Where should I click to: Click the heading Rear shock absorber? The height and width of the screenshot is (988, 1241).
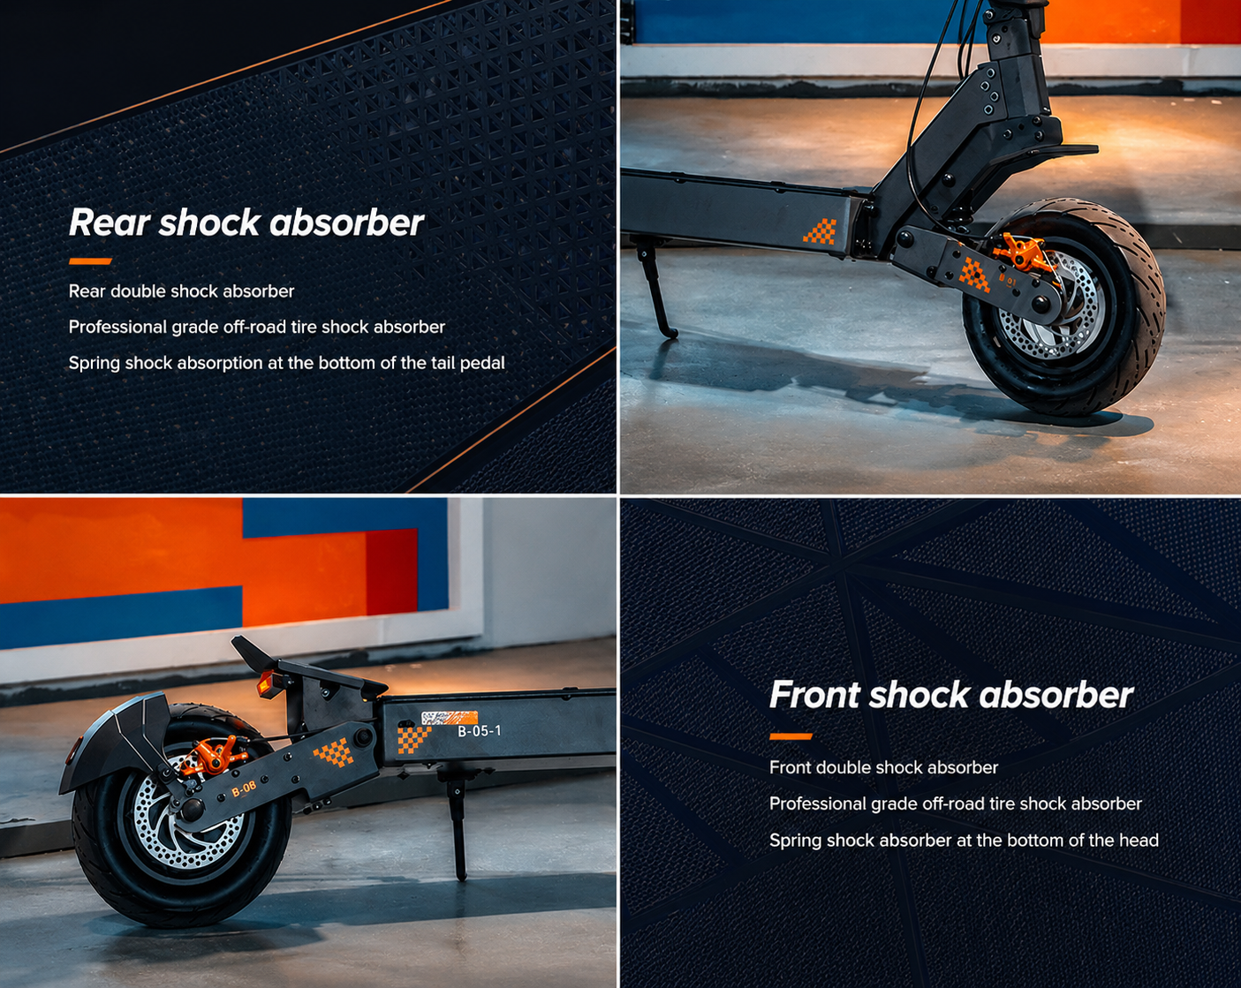[x=246, y=222]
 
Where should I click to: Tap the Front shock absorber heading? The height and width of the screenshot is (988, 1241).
[x=951, y=695]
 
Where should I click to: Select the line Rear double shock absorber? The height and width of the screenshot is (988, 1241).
[x=181, y=291]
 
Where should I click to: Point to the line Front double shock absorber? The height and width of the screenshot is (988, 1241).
[x=883, y=768]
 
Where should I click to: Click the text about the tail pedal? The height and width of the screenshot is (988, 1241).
[x=286, y=363]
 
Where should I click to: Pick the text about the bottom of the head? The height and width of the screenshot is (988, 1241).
[x=964, y=841]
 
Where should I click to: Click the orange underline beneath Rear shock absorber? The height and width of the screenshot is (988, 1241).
[x=90, y=261]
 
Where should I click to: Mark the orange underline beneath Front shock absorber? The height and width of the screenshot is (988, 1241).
[x=791, y=736]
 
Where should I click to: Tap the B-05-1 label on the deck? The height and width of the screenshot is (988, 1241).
[x=480, y=731]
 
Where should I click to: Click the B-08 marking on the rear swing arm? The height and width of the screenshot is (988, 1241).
[x=244, y=789]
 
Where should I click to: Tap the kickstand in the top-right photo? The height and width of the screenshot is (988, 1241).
[x=656, y=291]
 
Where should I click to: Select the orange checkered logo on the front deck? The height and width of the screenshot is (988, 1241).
[x=820, y=231]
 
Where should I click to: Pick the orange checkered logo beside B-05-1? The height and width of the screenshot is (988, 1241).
[x=412, y=740]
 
